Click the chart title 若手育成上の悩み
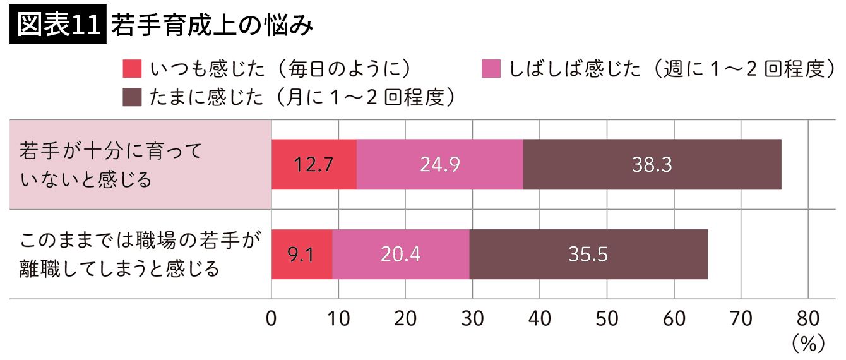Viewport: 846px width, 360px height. (211, 26)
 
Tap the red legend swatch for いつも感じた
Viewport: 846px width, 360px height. (132, 68)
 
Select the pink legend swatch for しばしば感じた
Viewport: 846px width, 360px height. (491, 68)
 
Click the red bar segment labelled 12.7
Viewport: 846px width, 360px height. (314, 164)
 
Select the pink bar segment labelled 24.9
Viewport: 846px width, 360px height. (440, 164)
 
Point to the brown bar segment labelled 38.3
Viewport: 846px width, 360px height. (652, 164)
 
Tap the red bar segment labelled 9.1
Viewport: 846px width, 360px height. (302, 254)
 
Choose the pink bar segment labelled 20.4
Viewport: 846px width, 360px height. (401, 254)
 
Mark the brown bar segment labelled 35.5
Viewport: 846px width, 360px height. (588, 254)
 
